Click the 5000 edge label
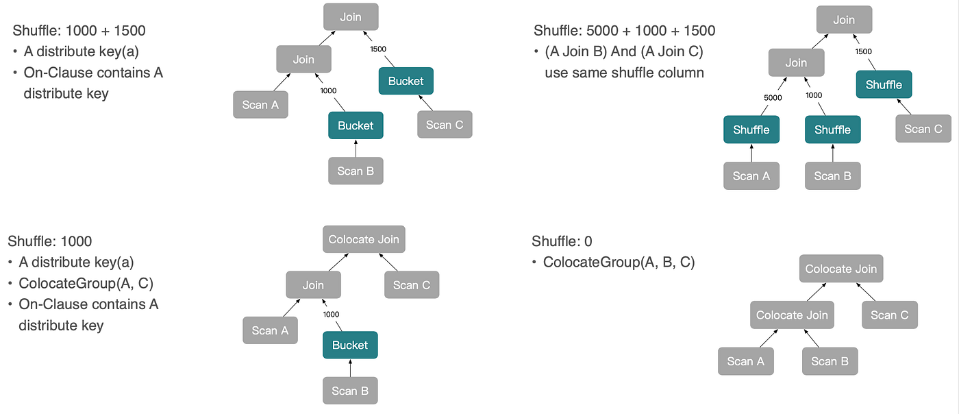tap(773, 98)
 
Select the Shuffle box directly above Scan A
tap(751, 130)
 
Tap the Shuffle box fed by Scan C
tap(884, 84)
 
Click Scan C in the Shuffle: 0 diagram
tap(890, 315)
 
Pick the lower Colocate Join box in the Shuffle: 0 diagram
tap(792, 315)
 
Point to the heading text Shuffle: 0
tap(562, 241)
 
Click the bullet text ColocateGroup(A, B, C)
tap(619, 263)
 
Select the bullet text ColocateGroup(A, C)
tap(86, 283)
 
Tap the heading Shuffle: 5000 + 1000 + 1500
tap(624, 30)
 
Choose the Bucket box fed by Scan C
tap(406, 81)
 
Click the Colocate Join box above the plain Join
tap(364, 239)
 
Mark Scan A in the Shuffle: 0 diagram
tap(746, 361)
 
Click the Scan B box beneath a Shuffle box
tap(833, 175)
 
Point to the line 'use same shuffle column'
tap(624, 73)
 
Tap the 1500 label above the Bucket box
tap(378, 49)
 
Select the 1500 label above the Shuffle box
tap(864, 51)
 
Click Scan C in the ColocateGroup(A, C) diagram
tap(412, 284)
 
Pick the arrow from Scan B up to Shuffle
tap(833, 153)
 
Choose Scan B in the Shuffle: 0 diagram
tap(830, 361)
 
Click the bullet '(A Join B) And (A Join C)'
tap(624, 51)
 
